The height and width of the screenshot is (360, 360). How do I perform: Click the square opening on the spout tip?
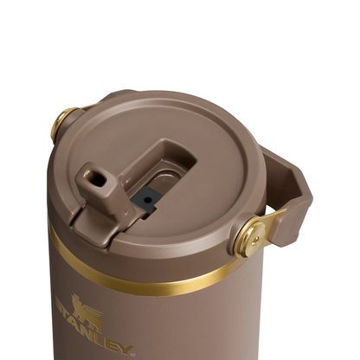tap(94, 181)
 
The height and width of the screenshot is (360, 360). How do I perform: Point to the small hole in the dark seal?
tap(148, 198)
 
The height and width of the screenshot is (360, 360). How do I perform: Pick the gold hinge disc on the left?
tap(62, 122)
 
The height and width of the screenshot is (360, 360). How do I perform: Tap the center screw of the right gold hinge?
tap(249, 236)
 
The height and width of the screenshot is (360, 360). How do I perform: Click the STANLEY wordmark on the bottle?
tap(95, 332)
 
